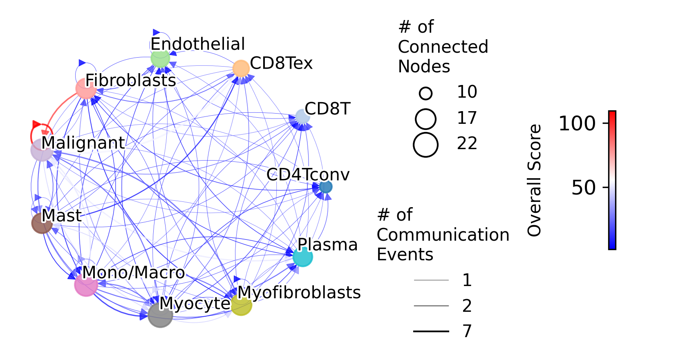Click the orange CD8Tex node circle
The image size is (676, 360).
241,68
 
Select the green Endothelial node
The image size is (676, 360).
160,58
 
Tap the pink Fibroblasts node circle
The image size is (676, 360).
86,88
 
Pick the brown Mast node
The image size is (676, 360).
42,223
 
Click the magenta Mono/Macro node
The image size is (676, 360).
86,285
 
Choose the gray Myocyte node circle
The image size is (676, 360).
160,315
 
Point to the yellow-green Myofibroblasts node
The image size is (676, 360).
241,305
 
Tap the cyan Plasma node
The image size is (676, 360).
303,257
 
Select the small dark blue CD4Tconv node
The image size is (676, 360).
326,187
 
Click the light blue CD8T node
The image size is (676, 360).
302,117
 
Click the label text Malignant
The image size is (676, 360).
83,143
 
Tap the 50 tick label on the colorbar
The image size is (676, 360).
583,188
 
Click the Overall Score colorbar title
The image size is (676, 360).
534,180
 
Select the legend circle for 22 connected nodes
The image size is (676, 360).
425,145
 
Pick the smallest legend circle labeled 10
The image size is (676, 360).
425,94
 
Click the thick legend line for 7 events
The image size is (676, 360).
431,331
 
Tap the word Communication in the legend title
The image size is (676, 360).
443,235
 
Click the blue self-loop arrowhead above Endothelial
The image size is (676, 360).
156,32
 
